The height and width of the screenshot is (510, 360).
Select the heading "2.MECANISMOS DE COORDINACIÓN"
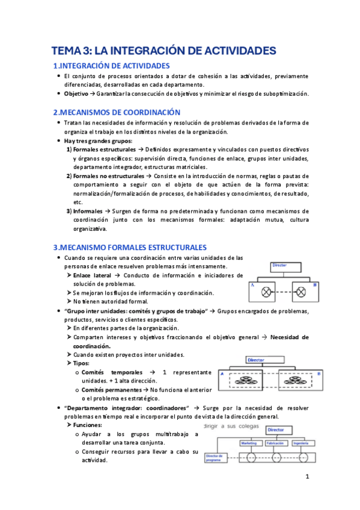(117, 112)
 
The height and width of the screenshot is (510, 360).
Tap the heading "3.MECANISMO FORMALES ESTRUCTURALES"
(130, 247)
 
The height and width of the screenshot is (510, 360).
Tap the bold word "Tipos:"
(82, 363)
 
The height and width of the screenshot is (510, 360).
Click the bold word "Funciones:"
(88, 425)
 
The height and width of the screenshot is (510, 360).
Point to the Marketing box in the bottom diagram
(249, 443)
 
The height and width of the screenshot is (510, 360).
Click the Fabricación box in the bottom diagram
(276, 443)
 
